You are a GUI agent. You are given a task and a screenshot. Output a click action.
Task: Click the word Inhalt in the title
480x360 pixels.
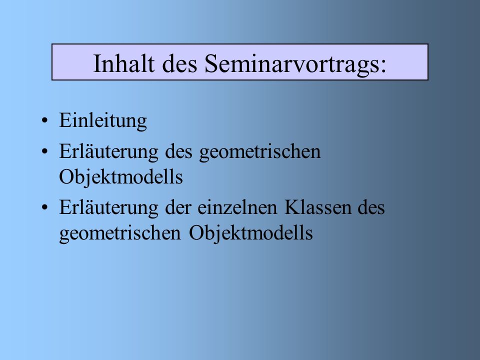[x=123, y=63]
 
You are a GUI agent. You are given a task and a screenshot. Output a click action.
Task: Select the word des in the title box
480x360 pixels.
[x=179, y=63]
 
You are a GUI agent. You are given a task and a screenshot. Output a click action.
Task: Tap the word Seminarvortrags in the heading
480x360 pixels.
[x=291, y=65]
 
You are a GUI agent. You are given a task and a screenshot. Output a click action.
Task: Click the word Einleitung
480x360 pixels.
[x=103, y=120]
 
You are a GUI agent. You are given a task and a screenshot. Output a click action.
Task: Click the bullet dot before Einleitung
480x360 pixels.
[x=44, y=120]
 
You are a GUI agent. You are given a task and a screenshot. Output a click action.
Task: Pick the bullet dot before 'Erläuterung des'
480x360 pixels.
[x=44, y=151]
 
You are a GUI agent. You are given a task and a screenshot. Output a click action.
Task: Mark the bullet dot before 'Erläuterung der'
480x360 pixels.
[x=44, y=207]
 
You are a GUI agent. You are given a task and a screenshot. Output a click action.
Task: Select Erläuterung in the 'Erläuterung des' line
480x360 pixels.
[x=108, y=152]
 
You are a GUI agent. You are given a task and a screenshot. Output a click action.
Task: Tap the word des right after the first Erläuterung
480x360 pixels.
[x=178, y=152]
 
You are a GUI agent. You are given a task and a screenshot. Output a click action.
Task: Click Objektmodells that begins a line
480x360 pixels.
[x=121, y=177]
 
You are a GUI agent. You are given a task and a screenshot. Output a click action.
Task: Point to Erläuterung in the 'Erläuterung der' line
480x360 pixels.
[x=108, y=208]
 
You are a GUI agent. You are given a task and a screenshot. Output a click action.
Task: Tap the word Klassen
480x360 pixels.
[x=317, y=208]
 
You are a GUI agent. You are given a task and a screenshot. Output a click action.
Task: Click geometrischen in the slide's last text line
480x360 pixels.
[x=120, y=233]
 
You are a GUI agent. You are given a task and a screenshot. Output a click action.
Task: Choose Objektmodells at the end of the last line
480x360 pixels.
[x=250, y=233]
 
